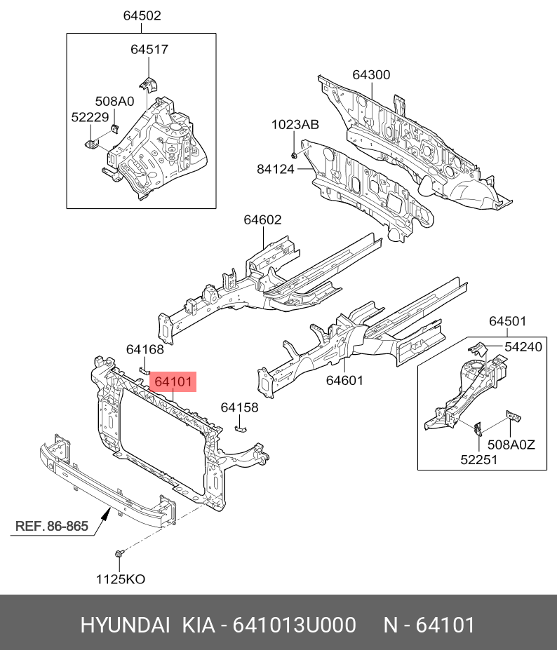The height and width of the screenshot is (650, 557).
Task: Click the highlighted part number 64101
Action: tap(173, 382)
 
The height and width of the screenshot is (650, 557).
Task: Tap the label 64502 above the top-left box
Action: tap(142, 15)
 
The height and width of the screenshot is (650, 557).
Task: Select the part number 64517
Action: tap(149, 49)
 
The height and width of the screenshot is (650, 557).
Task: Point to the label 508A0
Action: tap(114, 102)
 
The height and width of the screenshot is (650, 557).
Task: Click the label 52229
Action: tap(89, 118)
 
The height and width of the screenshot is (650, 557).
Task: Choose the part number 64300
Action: tap(371, 75)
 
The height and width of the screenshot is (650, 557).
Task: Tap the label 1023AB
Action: tap(295, 125)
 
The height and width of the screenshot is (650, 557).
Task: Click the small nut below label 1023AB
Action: tap(295, 154)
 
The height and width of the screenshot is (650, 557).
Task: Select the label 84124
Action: tap(276, 168)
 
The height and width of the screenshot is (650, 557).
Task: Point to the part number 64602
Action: tap(262, 219)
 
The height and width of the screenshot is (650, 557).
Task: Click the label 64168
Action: tap(145, 349)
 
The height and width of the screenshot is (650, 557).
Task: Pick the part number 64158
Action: tap(239, 407)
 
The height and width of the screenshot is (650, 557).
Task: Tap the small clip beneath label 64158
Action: tap(240, 428)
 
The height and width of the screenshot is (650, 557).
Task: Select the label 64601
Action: tap(344, 380)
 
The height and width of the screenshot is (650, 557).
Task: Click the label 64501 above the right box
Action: tap(507, 321)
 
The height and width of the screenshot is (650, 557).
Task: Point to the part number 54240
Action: tap(523, 346)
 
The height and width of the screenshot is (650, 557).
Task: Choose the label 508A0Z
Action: tap(511, 443)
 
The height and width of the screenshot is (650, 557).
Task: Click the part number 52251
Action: tap(479, 459)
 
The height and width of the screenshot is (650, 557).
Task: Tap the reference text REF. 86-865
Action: tap(52, 526)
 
